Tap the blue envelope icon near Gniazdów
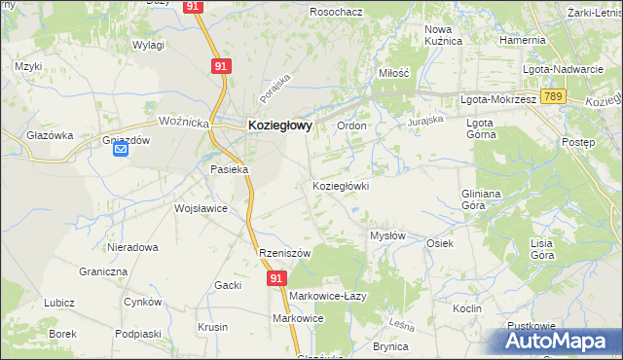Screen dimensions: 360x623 click(x=121, y=149)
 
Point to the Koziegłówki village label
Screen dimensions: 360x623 click(x=340, y=185)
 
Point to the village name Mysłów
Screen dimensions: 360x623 click(x=387, y=235)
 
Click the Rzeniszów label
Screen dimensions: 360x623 click(x=284, y=253)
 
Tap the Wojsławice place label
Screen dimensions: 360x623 click(x=201, y=208)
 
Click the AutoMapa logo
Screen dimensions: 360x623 click(x=556, y=341)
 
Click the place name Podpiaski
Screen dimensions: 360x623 click(x=136, y=334)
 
